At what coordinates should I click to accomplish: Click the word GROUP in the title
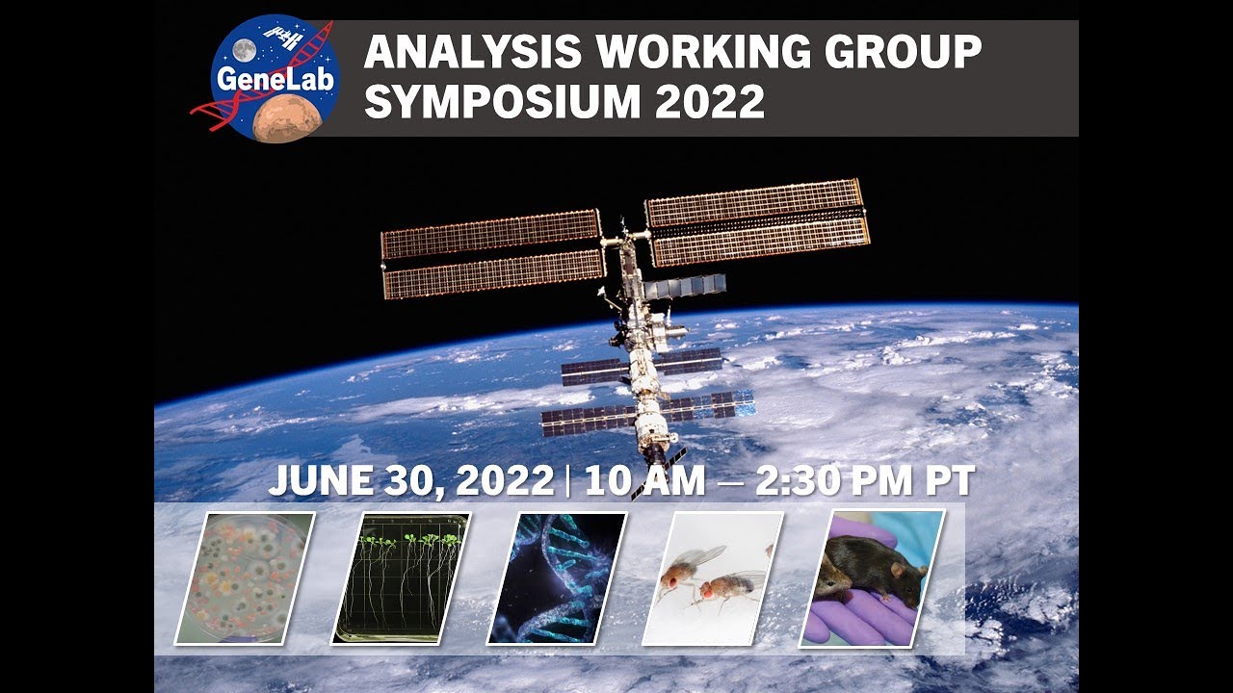[899, 54]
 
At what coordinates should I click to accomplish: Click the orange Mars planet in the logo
[286, 116]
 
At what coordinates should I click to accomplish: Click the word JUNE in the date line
[317, 481]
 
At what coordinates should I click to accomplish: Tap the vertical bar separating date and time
[569, 481]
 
